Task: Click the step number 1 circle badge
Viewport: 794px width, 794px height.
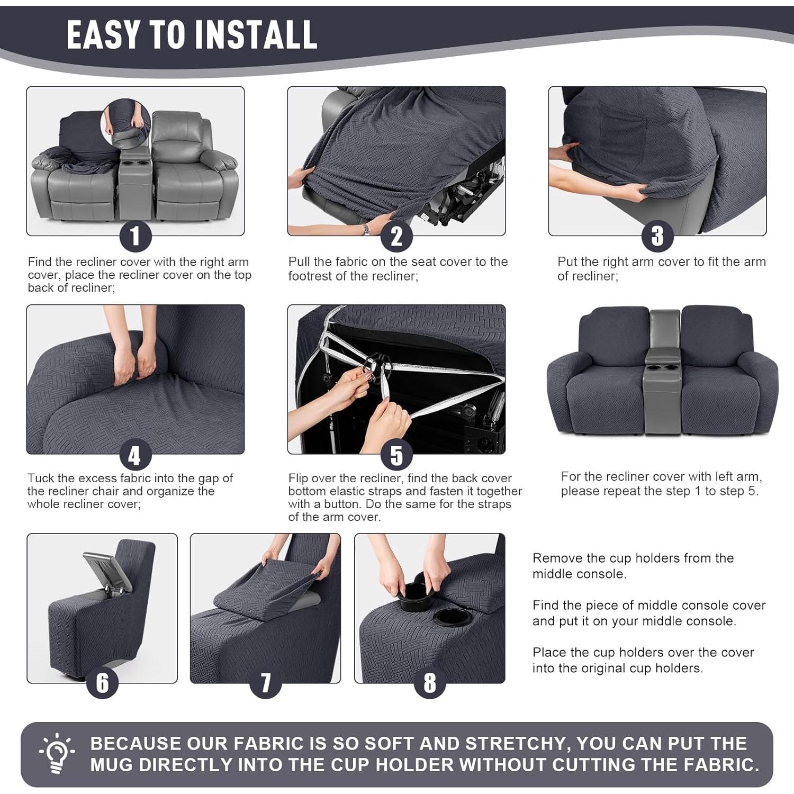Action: (x=135, y=236)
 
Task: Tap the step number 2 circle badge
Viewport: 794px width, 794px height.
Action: (x=396, y=236)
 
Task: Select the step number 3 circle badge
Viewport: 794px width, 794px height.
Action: (x=657, y=236)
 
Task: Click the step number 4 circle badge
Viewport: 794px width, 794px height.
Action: (x=135, y=455)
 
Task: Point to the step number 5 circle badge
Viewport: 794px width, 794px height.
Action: (x=396, y=455)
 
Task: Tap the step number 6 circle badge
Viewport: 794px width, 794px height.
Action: (x=102, y=683)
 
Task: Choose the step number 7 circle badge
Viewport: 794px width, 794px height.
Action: (x=265, y=683)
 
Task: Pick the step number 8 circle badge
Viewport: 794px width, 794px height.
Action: (x=429, y=683)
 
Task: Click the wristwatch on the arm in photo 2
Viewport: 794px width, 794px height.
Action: (x=365, y=229)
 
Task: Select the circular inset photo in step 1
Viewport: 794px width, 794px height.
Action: (x=126, y=124)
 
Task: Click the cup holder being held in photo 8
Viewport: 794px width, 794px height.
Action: (x=416, y=597)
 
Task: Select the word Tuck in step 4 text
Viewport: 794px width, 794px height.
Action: (x=40, y=479)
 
